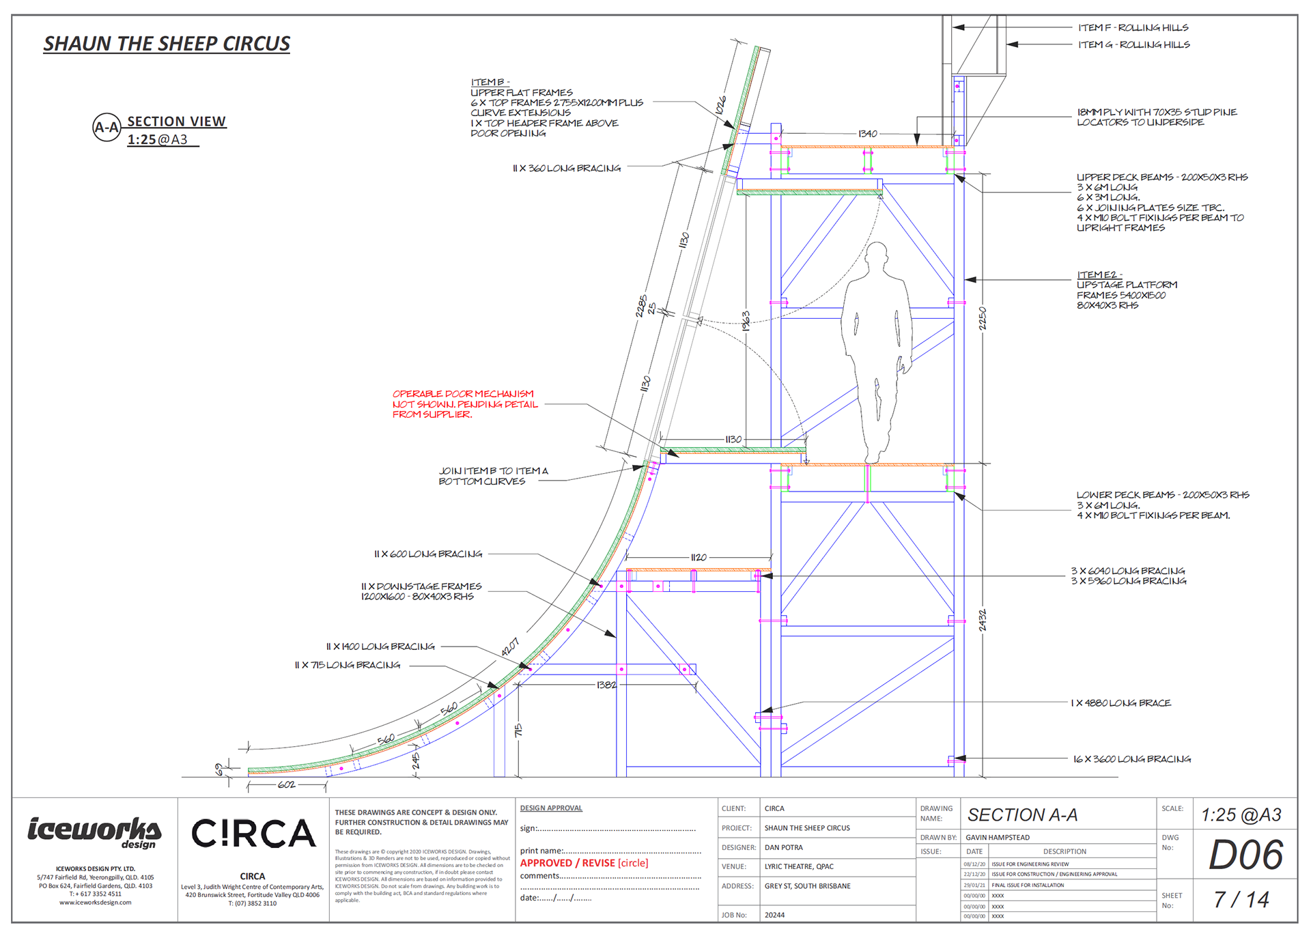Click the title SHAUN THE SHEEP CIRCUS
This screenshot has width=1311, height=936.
(x=167, y=44)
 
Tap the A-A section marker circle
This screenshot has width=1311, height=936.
(x=107, y=127)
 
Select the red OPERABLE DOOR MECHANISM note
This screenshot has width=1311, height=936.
(x=464, y=404)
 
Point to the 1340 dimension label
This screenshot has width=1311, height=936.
(x=867, y=134)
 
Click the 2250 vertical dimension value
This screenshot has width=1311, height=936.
(x=983, y=318)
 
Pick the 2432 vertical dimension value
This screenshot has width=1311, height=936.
(x=983, y=620)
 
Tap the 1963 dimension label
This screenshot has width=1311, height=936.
(x=746, y=322)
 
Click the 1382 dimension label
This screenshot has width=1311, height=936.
(x=606, y=685)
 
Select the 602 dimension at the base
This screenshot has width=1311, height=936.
(x=287, y=785)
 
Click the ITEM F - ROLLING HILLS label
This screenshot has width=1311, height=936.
(x=1133, y=28)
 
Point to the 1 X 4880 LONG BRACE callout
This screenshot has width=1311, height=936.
(x=1120, y=703)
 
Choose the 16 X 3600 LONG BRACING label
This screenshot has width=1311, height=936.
(x=1131, y=759)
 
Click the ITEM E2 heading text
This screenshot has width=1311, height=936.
(x=1099, y=275)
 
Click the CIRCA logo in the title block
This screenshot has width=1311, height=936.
(x=253, y=834)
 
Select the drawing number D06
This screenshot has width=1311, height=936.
(x=1245, y=855)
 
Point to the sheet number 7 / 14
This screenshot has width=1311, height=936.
(x=1241, y=900)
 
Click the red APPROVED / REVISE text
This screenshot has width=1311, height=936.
(x=584, y=863)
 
